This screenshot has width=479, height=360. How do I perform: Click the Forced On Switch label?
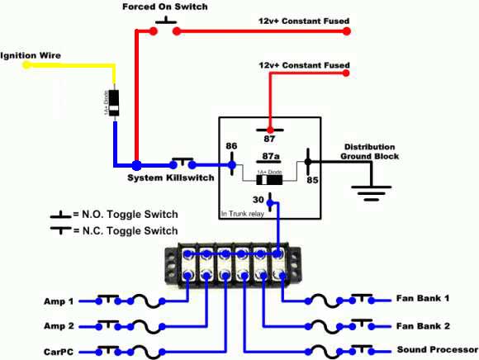[x=164, y=7]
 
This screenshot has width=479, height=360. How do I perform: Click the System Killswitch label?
[x=171, y=178]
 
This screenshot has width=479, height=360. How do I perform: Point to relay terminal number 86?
[x=232, y=146]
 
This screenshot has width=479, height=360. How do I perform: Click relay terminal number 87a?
[x=270, y=154]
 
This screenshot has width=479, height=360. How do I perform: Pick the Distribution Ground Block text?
[x=371, y=151]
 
